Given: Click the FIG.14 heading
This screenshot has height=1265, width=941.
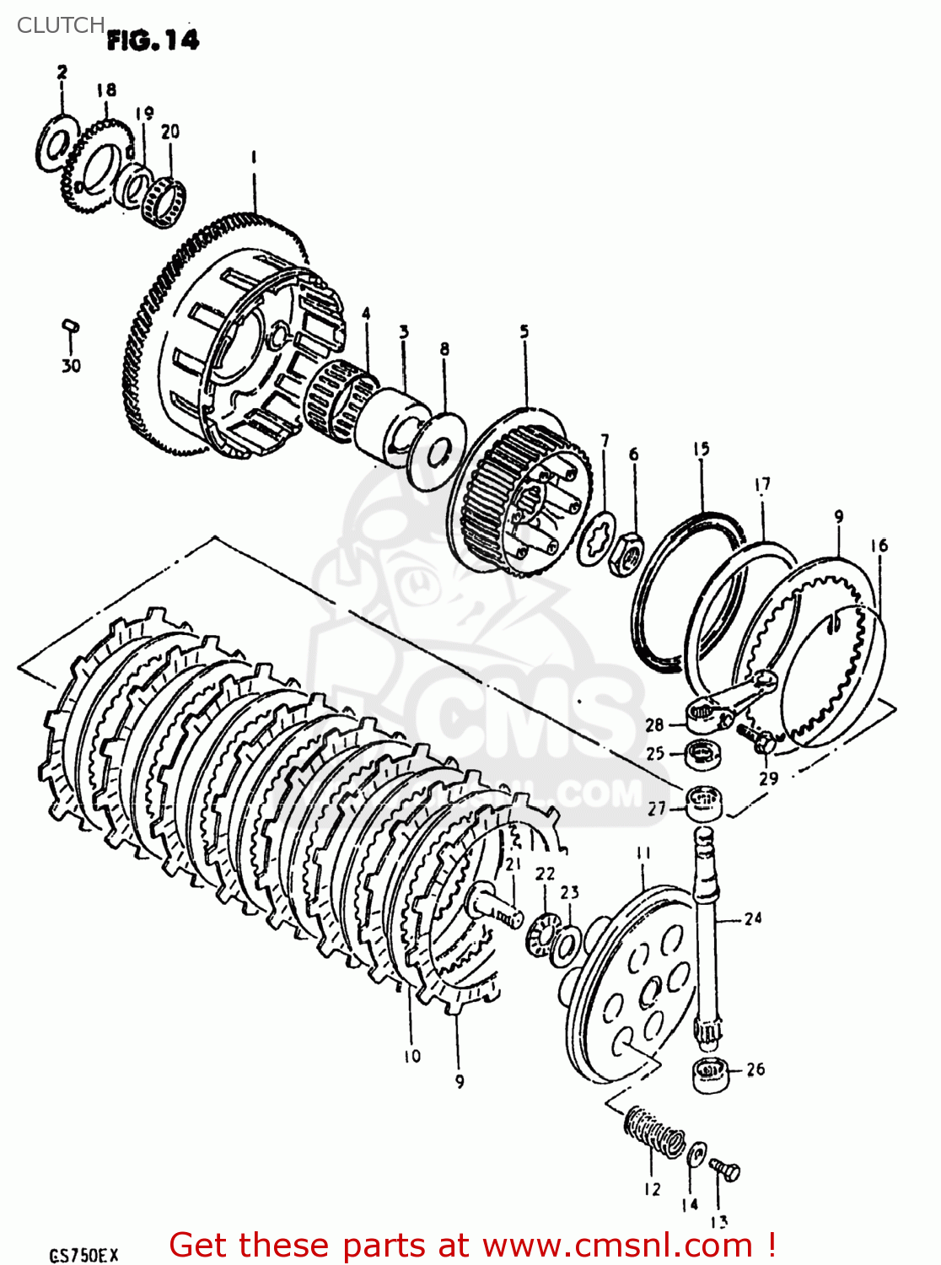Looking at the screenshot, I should tap(153, 40).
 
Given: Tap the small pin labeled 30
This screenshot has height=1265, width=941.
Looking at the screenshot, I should tap(71, 325).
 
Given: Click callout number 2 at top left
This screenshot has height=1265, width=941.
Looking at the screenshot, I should tap(62, 73).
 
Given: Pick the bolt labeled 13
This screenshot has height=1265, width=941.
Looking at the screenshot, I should tap(725, 1171).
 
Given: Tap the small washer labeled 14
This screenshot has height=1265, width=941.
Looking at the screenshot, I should tap(697, 1154).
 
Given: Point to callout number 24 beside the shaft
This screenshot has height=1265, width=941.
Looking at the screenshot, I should tap(753, 918).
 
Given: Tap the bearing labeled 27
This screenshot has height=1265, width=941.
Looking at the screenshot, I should tap(704, 802).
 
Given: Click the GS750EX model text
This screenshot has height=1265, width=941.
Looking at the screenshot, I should tap(84, 1256).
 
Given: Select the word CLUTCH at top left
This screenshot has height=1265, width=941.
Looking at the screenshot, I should tap(61, 25).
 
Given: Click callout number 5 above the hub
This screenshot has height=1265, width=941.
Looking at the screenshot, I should tap(524, 331).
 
